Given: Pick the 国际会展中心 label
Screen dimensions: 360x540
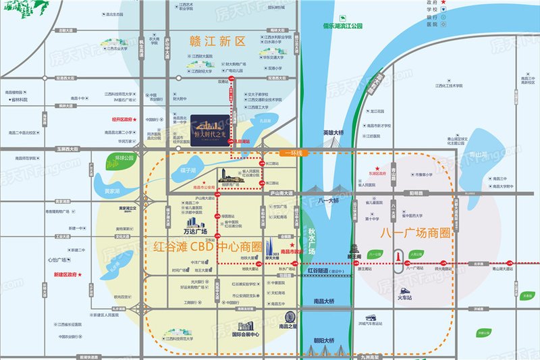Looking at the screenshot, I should coord(246,334).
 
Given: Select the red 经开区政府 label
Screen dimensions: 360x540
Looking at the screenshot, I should coord(119,120).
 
